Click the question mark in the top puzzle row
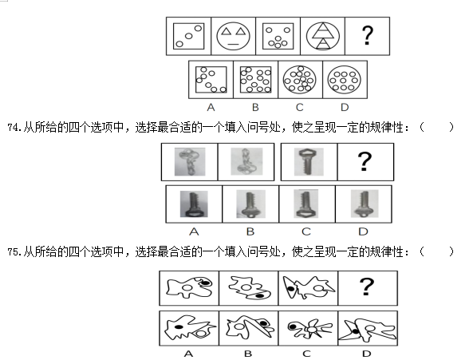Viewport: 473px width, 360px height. pos(367,36)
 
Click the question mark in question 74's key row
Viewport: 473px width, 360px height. pos(365,161)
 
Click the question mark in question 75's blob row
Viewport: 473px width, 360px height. pos(367,287)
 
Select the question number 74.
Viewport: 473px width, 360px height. pos(13,128)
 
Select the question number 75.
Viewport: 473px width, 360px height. pos(13,251)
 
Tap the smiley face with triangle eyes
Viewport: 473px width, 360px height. pos(233,36)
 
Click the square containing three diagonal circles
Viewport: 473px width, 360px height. pos(188,36)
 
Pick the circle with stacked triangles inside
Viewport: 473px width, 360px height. pos(322,36)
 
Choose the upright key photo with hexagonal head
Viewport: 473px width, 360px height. pos(309,162)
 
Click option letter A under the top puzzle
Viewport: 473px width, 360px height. pos(211,108)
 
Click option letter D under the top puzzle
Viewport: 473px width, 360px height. pos(345,108)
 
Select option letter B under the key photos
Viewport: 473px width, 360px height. pos(250,231)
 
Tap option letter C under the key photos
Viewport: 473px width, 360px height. pos(305,231)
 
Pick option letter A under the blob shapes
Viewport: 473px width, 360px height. pos(188,354)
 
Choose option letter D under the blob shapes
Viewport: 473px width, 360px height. pos(366,354)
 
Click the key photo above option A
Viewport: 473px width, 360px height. pos(194,204)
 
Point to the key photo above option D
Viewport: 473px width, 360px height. pos(364,204)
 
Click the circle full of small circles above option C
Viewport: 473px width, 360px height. pos(300,79)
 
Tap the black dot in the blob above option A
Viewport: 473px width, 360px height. pos(179,326)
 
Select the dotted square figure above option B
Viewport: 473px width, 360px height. pos(255,80)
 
